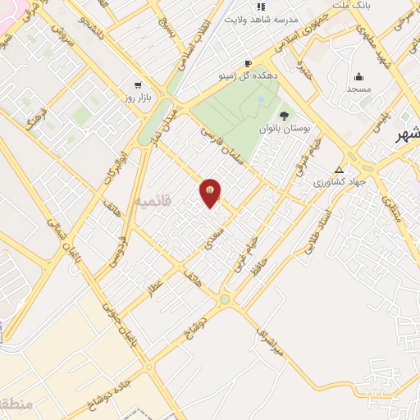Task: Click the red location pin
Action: (210, 191)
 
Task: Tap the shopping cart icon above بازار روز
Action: (137, 84)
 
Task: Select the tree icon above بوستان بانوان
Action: (284, 116)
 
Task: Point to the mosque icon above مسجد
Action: (359, 75)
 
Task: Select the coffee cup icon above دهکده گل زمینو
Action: (248, 63)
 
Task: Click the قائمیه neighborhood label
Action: (154, 200)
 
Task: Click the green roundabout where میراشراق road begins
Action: (225, 300)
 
